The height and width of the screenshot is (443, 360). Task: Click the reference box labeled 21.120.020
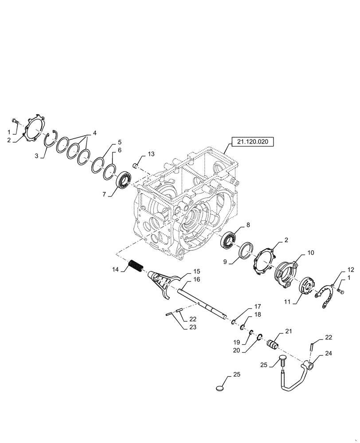252,142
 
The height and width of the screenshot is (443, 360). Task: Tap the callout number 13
151,154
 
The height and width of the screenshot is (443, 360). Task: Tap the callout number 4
94,133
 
